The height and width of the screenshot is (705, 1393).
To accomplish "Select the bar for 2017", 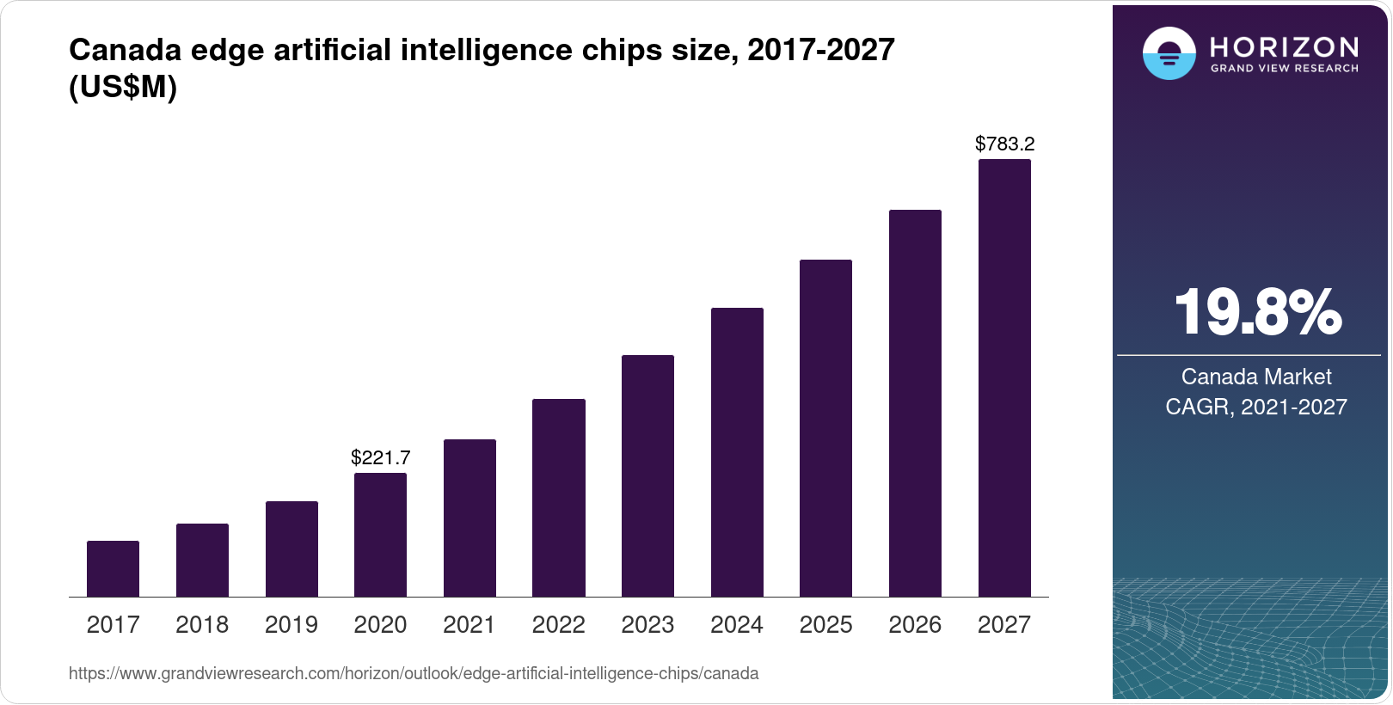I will point(113,568).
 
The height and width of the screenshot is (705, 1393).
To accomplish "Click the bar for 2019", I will point(291,549).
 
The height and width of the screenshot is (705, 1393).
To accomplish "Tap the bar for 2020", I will point(380,535).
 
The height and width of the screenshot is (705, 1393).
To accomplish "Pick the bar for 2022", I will point(559,498).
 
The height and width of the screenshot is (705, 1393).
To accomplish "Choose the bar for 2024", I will point(737,452).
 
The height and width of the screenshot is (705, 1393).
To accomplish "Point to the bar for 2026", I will point(915,403).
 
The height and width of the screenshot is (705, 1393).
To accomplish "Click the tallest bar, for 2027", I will point(1004,378).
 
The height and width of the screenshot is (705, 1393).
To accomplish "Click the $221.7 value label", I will point(380,457).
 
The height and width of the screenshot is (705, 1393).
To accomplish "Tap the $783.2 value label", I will point(1004,144).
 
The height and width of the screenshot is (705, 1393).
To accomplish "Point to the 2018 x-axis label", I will point(202,625).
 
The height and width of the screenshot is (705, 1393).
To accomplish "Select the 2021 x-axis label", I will point(469,625).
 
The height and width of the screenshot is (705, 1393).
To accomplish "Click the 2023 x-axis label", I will point(647,625).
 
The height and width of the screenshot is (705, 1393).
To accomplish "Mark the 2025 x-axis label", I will point(825,625).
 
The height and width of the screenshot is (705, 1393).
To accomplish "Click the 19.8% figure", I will point(1256,312).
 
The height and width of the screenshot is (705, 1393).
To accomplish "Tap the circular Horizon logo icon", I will point(1169,53).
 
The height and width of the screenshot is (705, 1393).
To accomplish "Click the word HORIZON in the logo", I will point(1284,46).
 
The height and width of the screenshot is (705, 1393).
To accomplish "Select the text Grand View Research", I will point(1284,68).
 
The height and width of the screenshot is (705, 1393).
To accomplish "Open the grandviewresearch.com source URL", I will point(414,673).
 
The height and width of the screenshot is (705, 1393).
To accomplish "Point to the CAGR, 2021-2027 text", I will point(1255,407).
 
